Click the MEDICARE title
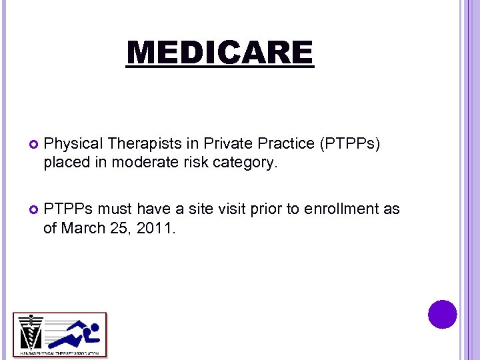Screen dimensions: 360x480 click(x=219, y=53)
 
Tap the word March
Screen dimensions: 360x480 click(x=82, y=228)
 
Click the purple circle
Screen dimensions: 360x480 click(x=443, y=314)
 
